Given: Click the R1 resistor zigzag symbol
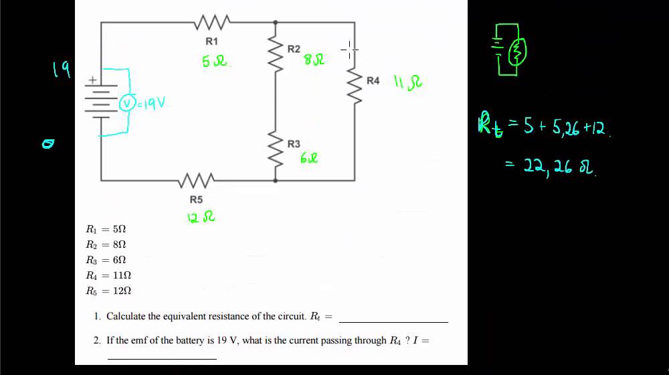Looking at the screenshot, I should coord(212,23).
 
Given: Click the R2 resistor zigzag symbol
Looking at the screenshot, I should coord(275,54).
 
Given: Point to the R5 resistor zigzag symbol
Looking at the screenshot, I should coord(196,180).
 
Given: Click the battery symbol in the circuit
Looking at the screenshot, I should coord(101,101).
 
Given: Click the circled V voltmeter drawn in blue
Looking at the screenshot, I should coord(126,103).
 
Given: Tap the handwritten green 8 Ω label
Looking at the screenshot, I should coord(314,60).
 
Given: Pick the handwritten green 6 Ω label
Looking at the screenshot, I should coord(309,158).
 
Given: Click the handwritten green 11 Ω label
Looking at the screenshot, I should coord(407,82).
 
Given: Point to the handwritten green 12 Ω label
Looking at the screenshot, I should coord(201,217).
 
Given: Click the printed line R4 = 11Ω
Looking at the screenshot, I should coord(108,275).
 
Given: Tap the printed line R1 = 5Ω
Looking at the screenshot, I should coord(106,229).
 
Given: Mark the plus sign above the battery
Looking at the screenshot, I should coord(92,80).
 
